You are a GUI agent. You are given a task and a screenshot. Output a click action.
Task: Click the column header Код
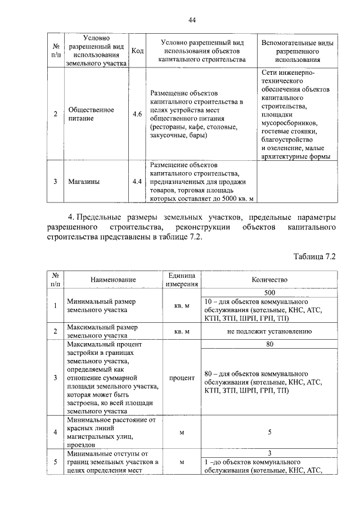click(x=137, y=51)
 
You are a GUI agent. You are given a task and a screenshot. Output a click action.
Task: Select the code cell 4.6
click(x=137, y=114)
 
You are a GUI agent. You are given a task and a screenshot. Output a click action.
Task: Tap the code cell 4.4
click(x=137, y=181)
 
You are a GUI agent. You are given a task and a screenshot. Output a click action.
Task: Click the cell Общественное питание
click(x=91, y=114)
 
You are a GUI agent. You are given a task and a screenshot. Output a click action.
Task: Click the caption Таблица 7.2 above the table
click(x=314, y=256)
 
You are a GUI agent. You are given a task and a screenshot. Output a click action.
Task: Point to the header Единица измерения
click(x=181, y=279)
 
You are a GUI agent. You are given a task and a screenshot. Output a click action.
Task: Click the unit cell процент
click(x=181, y=378)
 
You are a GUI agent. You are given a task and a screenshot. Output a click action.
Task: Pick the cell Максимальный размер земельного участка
click(x=101, y=331)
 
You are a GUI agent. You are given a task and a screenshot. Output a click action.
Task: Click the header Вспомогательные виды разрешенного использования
click(x=298, y=51)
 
